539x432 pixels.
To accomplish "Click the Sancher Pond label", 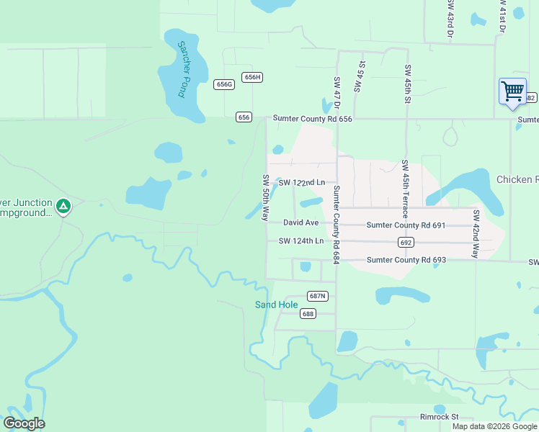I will (x=182, y=69).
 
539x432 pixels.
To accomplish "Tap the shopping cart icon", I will (x=512, y=91).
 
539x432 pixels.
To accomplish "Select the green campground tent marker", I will (x=63, y=207).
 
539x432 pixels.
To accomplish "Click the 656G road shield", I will (x=225, y=84).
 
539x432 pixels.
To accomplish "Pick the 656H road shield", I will (x=251, y=77).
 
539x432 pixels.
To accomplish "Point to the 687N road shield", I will (x=318, y=296).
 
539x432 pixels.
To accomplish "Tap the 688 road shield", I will (x=308, y=313).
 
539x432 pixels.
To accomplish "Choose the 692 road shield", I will (x=406, y=243).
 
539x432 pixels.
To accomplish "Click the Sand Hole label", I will (x=277, y=305).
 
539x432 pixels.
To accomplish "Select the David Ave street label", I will (x=300, y=223).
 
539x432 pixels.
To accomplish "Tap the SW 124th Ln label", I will (x=302, y=240).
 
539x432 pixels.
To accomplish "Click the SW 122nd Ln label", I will (x=302, y=182).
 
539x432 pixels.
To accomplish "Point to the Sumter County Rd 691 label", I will (x=406, y=225).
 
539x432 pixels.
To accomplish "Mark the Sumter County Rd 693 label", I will (x=406, y=260).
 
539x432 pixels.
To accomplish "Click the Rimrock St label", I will (x=440, y=417).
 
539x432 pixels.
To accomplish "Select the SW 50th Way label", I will (x=266, y=197).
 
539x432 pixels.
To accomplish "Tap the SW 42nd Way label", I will (x=476, y=234).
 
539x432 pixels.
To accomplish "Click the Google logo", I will (x=24, y=423).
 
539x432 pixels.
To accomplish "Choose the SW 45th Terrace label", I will (x=405, y=189).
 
